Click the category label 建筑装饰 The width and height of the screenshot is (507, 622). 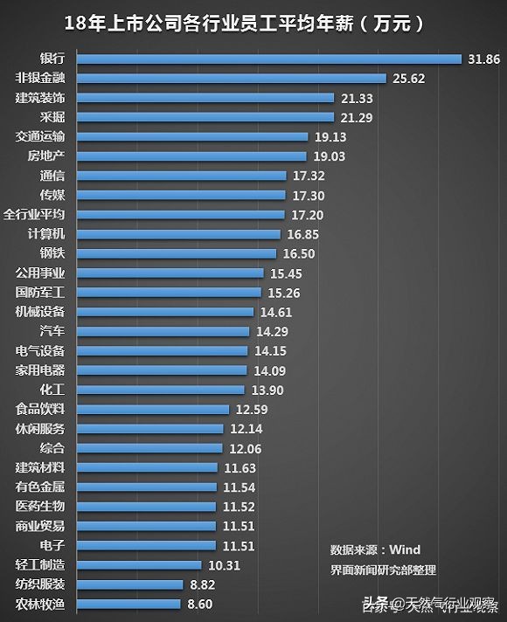tap(40, 98)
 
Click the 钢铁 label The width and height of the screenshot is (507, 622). tap(52, 253)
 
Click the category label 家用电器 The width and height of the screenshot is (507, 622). tap(40, 370)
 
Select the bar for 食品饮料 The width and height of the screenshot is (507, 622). tap(153, 409)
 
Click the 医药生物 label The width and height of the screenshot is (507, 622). tap(40, 507)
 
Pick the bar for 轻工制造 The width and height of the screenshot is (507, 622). tap(139, 565)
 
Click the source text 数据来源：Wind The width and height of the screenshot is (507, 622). tap(375, 550)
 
